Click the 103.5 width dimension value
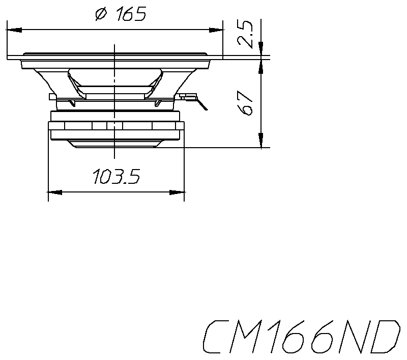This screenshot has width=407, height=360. pos(116,177)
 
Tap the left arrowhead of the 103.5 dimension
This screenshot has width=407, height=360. pos(54,192)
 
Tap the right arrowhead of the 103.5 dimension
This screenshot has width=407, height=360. pos(178,192)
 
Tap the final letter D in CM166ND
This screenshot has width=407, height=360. pos(385,338)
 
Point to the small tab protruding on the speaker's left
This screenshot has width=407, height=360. pos(51,96)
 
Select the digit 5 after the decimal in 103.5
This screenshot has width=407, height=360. pos(133,177)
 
